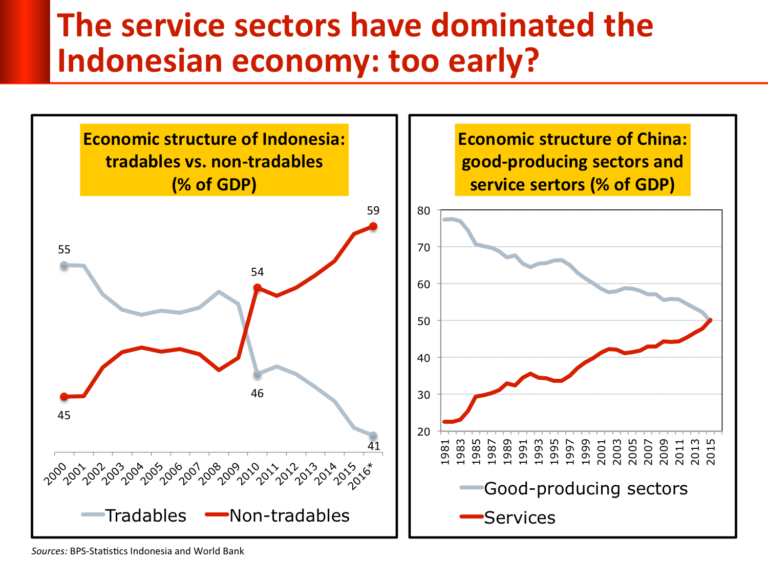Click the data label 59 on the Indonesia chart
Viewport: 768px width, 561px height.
[373, 211]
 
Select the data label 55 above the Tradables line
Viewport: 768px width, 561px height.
[64, 250]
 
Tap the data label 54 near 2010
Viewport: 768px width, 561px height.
[257, 272]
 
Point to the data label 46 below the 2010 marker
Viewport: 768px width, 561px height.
[257, 394]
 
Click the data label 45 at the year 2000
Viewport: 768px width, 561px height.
[64, 416]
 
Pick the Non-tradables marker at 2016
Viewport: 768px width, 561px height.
[373, 227]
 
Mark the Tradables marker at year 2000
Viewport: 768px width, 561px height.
[64, 266]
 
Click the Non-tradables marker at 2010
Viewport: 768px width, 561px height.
[257, 289]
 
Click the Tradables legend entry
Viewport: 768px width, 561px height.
[135, 515]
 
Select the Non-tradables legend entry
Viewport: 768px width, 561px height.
[278, 515]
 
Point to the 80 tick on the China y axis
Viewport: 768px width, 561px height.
[423, 210]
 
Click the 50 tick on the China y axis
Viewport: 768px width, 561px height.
[423, 321]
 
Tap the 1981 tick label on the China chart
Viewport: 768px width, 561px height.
[445, 452]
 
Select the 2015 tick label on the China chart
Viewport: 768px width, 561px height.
[711, 452]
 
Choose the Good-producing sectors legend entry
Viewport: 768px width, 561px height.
[574, 488]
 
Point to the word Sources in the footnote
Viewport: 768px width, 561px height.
[49, 551]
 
